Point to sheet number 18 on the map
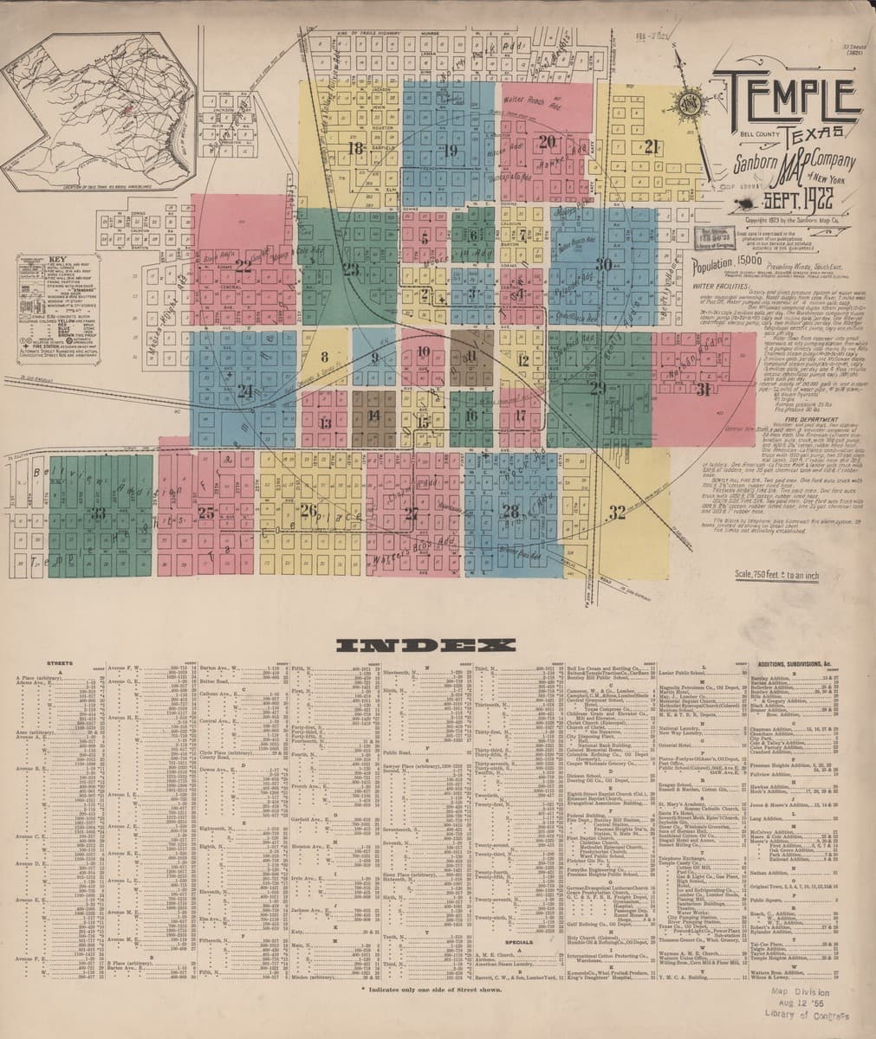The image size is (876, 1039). (354, 147)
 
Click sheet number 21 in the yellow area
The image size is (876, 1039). (652, 146)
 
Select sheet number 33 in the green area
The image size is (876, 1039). (97, 513)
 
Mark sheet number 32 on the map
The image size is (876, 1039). (616, 513)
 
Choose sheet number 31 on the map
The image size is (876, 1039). (702, 389)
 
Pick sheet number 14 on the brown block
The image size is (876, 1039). (373, 416)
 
